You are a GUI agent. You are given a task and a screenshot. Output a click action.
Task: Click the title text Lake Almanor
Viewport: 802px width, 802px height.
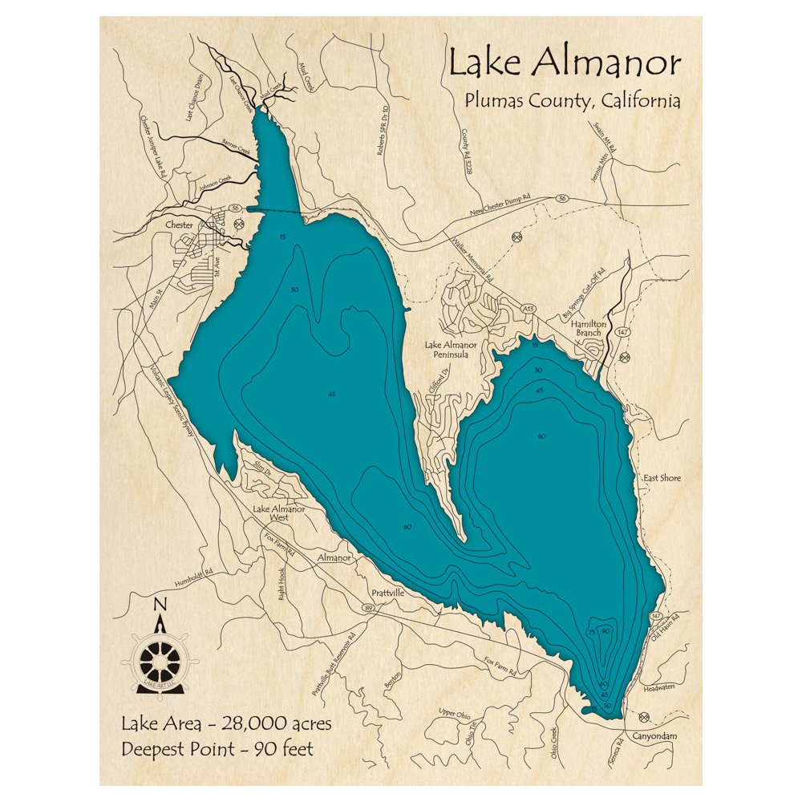pos(565,63)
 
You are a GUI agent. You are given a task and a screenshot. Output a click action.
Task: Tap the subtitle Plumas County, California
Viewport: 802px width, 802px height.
pos(571,102)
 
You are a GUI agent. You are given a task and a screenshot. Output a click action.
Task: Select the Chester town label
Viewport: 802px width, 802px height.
pos(179,225)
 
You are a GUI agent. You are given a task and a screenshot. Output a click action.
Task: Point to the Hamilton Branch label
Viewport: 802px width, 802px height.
pos(588,329)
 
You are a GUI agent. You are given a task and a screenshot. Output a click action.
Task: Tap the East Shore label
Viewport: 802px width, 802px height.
pos(662,478)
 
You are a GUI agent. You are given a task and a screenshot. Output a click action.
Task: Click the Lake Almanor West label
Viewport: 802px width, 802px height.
pos(278,513)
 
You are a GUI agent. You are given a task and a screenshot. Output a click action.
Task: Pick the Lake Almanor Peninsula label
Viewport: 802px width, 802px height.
pos(452,351)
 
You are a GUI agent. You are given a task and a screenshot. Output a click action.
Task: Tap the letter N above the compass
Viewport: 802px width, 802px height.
pos(160,605)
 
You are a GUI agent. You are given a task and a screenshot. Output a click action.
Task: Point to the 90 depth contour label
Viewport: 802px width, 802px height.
pos(606,633)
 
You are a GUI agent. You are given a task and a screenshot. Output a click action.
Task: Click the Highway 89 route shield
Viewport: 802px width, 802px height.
pos(369,610)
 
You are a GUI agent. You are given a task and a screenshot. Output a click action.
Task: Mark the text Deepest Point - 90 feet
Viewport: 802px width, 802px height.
pos(217,750)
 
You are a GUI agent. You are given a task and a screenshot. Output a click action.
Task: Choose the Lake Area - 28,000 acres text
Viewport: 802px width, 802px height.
pos(226,723)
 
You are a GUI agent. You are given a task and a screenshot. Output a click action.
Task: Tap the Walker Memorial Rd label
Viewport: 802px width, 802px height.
pos(475,259)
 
